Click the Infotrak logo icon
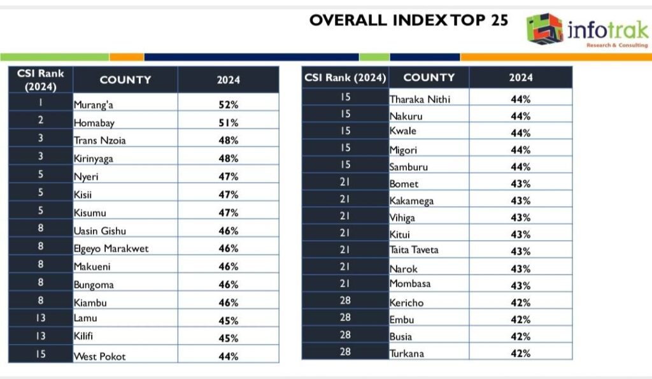(544, 29)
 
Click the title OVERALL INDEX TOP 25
(409, 20)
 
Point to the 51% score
(228, 122)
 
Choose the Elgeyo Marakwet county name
(111, 248)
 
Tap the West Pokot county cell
(100, 356)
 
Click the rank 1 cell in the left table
(41, 103)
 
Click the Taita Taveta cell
(414, 250)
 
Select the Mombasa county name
(409, 283)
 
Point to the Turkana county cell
(406, 353)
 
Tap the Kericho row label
(406, 303)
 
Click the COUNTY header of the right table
(429, 78)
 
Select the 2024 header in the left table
(228, 80)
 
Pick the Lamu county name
(85, 318)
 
